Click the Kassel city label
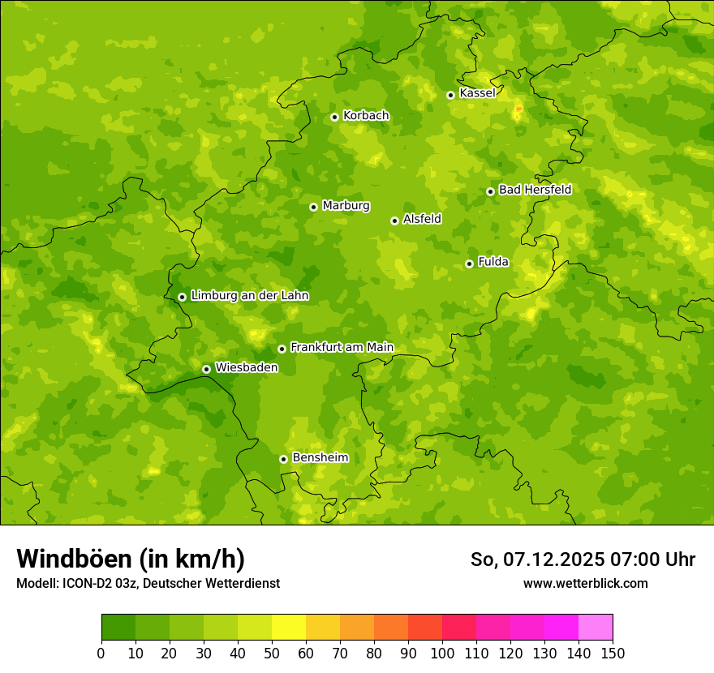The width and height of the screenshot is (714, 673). tap(477, 93)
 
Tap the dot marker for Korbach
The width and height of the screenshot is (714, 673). tap(334, 117)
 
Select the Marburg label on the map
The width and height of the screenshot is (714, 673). tap(346, 206)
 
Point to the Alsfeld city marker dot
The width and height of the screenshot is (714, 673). tap(394, 221)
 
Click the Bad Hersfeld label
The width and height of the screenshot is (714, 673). tap(535, 190)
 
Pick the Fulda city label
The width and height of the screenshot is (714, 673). tap(493, 262)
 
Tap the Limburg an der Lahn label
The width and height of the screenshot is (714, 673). tap(249, 296)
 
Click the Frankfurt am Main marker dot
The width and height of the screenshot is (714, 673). tap(282, 349)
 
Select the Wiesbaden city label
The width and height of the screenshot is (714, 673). tap(247, 368)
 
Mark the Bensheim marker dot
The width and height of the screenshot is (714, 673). tap(283, 459)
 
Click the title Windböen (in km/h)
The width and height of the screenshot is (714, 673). tap(131, 559)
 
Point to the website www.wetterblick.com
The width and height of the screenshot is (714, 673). tap(585, 583)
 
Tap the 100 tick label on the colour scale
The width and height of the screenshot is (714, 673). tap(442, 653)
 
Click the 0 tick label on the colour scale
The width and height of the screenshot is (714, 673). tap(101, 653)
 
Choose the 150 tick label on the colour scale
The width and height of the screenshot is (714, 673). tap(613, 653)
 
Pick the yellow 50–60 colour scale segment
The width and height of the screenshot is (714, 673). tap(289, 627)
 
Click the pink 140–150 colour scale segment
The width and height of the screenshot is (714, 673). tap(596, 627)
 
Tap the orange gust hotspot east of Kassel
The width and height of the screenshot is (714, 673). tap(518, 108)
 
